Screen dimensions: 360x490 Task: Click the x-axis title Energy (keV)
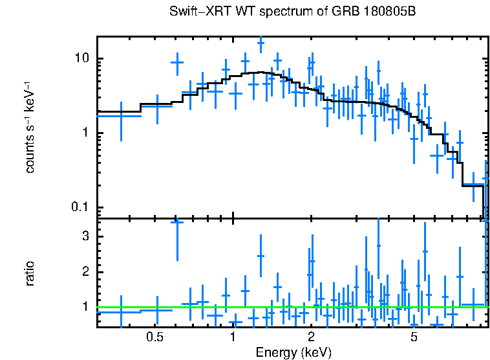pos(293,352)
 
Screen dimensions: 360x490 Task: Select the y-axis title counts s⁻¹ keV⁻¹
pos(30,130)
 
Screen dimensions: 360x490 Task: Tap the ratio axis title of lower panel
pos(30,273)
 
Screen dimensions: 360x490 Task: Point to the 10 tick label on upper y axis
pos(81,58)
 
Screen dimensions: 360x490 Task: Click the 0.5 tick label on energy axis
pos(154,337)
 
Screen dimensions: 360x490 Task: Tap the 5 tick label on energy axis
pos(414,337)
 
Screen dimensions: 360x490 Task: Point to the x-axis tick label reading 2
pos(311,337)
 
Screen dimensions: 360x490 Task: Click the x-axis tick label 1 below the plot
pos(233,337)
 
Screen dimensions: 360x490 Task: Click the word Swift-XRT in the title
pos(195,12)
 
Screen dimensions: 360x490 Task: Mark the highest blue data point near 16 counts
pos(261,43)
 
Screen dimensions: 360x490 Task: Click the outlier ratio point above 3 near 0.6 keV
pos(177,222)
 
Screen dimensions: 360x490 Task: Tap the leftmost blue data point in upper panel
pos(120,115)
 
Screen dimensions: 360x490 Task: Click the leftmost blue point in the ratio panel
pos(120,311)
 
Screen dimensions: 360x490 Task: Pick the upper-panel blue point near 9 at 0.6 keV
pos(177,62)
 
